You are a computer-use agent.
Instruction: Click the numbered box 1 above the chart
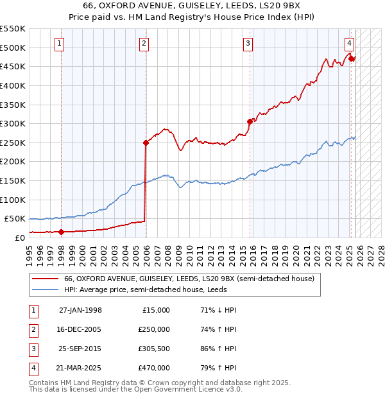pos(59,44)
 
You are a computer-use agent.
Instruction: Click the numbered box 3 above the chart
pos(247,44)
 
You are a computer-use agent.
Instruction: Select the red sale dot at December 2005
pos(146,143)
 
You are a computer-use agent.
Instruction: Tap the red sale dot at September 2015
pos(250,121)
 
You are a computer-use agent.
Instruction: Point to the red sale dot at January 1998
pos(62,232)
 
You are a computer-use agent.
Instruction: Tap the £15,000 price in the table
pos(155,310)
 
